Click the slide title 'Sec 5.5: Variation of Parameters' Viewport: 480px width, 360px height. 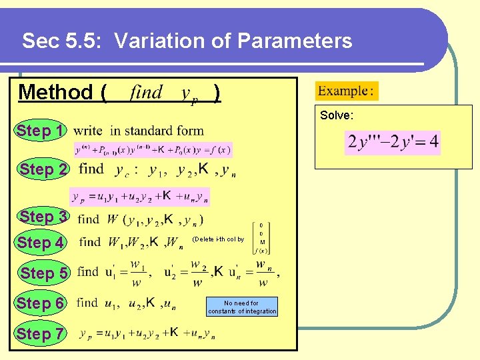click(x=187, y=41)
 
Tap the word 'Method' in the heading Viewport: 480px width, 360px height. click(x=57, y=92)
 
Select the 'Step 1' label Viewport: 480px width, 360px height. click(x=41, y=131)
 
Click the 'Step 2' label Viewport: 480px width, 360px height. click(x=43, y=169)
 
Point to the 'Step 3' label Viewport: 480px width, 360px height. click(x=43, y=217)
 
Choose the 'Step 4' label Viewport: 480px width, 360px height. click(x=41, y=243)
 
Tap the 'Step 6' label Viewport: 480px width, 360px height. click(x=41, y=303)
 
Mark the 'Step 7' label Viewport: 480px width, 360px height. click(x=41, y=333)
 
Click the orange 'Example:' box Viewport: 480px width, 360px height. click(x=346, y=91)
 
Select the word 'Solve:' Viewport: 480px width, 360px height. click(x=337, y=115)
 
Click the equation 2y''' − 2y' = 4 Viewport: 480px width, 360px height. click(x=393, y=142)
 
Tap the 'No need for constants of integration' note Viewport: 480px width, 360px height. click(x=242, y=307)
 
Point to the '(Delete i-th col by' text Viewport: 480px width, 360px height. click(x=218, y=239)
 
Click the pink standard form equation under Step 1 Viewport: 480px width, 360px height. click(x=153, y=149)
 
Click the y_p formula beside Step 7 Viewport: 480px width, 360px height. click(x=147, y=333)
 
